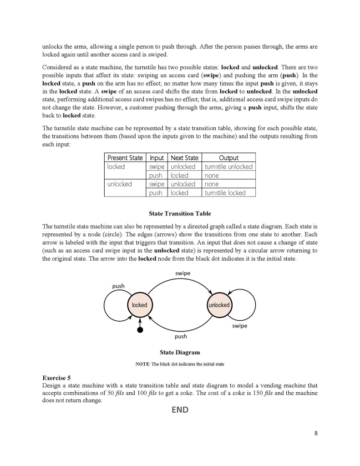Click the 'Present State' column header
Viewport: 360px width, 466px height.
[x=125, y=158]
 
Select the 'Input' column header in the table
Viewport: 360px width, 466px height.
[x=157, y=158]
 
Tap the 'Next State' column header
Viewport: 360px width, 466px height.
[x=184, y=158]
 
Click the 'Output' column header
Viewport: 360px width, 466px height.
[x=228, y=158]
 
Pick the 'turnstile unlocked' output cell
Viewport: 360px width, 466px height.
[x=228, y=167]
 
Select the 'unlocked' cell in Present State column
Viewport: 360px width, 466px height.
[x=119, y=184]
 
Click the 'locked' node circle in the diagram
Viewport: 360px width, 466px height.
[x=139, y=305]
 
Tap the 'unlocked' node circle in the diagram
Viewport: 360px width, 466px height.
[x=219, y=305]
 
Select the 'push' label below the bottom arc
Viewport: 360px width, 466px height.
[x=181, y=337]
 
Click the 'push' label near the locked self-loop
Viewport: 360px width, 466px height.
[x=118, y=286]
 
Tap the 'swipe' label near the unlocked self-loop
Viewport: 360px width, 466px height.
[x=240, y=326]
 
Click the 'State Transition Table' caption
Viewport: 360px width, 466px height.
[x=180, y=213]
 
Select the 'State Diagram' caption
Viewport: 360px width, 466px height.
[x=180, y=352]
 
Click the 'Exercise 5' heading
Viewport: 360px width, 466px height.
[x=56, y=378]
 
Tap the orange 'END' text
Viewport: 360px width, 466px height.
[x=180, y=410]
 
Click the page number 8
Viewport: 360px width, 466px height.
[x=316, y=433]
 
